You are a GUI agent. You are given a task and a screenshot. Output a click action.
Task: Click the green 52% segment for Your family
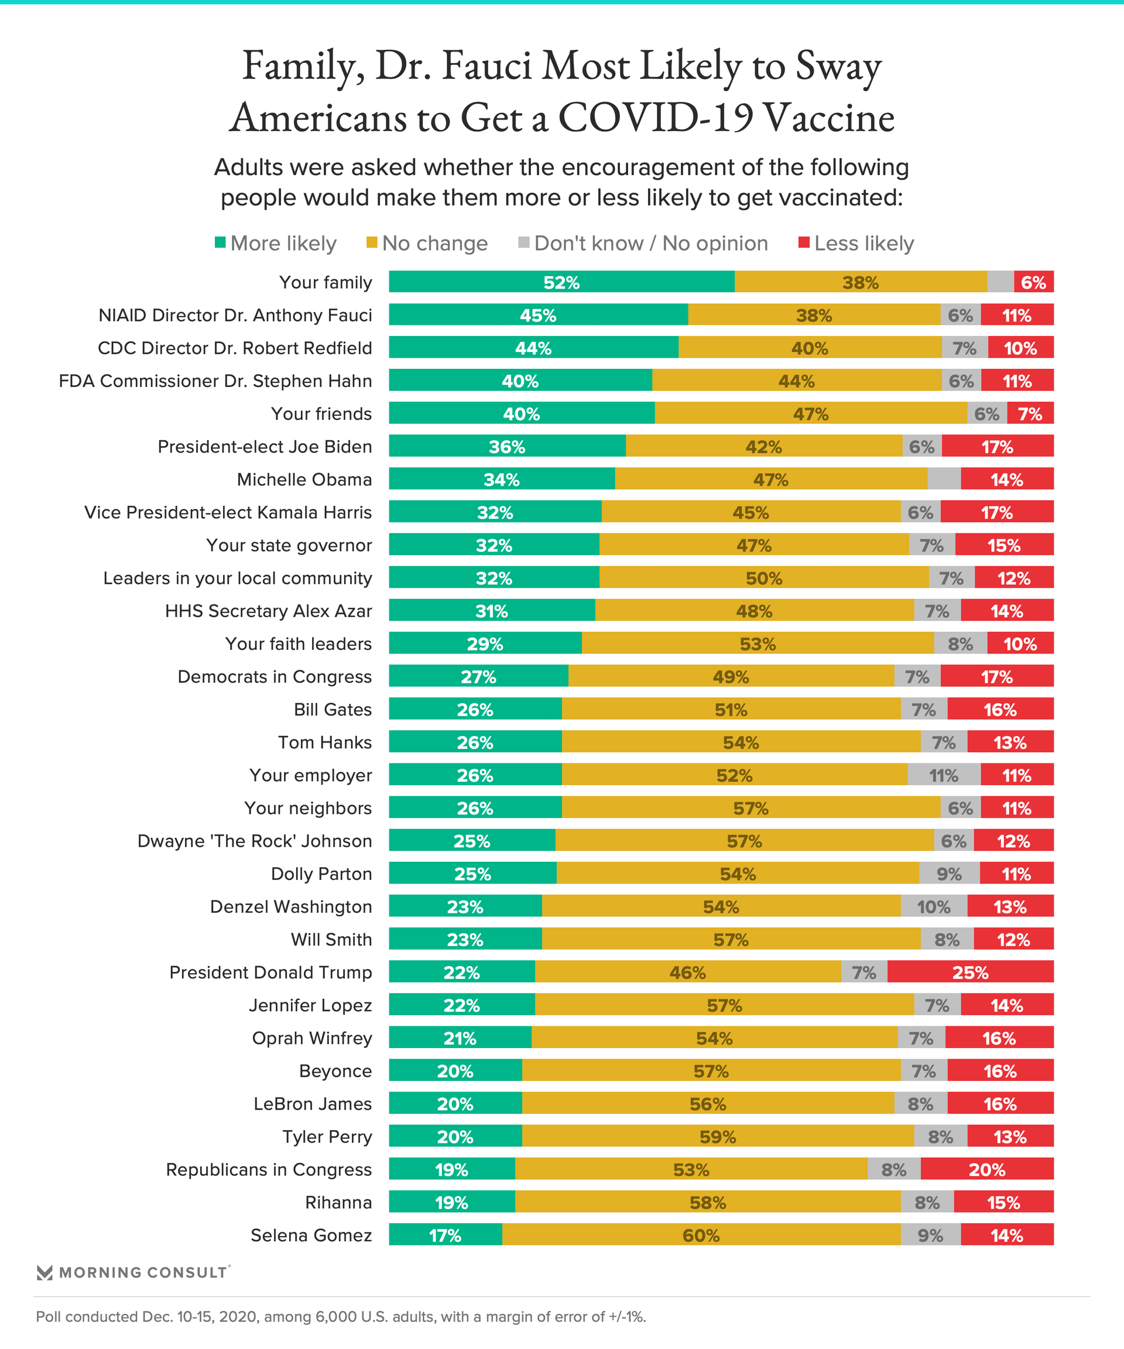click(x=561, y=282)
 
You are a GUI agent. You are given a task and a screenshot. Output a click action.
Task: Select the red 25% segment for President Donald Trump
click(x=970, y=972)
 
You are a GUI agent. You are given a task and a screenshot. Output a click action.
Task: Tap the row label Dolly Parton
click(x=321, y=874)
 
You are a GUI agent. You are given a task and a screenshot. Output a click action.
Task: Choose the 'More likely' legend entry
click(x=276, y=244)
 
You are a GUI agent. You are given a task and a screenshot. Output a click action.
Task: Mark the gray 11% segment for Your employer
click(x=944, y=775)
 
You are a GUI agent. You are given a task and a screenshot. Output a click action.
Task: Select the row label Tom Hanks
click(x=324, y=742)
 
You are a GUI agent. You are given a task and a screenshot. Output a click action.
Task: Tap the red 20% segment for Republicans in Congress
click(x=986, y=1169)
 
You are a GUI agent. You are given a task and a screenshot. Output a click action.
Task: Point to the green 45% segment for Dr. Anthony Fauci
click(x=537, y=315)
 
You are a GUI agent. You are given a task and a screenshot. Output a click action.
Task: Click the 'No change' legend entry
click(x=427, y=244)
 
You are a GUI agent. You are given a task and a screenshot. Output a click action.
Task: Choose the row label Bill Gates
click(x=333, y=709)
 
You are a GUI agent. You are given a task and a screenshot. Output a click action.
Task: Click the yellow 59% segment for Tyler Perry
click(x=718, y=1136)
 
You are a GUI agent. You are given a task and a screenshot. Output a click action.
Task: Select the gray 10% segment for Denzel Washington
click(x=933, y=906)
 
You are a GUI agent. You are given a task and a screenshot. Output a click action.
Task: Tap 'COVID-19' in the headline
click(x=655, y=119)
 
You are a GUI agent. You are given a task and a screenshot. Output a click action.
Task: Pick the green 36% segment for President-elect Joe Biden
click(x=507, y=447)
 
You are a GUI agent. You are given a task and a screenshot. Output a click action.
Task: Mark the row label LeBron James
click(x=312, y=1104)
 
